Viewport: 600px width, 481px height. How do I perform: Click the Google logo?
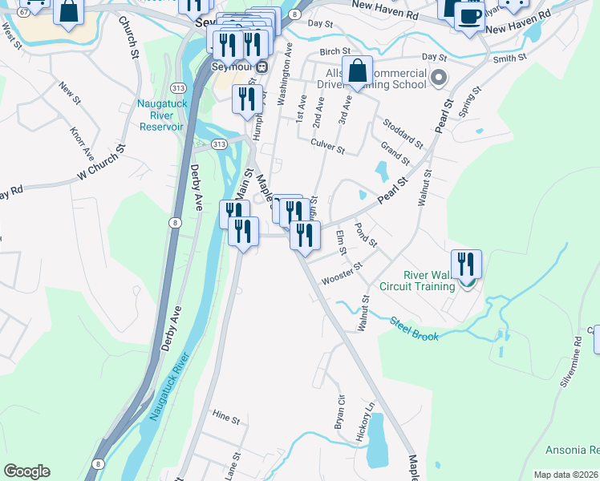pyautogui.click(x=26, y=471)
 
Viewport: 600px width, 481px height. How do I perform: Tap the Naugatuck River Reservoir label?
pyautogui.click(x=161, y=115)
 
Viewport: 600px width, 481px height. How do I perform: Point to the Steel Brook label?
pyautogui.click(x=415, y=329)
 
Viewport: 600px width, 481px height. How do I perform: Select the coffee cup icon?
pyautogui.click(x=469, y=15)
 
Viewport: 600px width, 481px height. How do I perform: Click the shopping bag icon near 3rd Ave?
pyautogui.click(x=358, y=71)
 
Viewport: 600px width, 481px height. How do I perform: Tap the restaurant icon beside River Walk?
pyautogui.click(x=465, y=264)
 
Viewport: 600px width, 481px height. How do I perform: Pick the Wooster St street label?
pyautogui.click(x=342, y=273)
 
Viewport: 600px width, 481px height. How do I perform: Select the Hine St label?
pyautogui.click(x=226, y=418)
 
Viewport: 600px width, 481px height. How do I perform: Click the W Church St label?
pyautogui.click(x=102, y=163)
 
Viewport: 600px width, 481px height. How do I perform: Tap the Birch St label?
pyautogui.click(x=330, y=51)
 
